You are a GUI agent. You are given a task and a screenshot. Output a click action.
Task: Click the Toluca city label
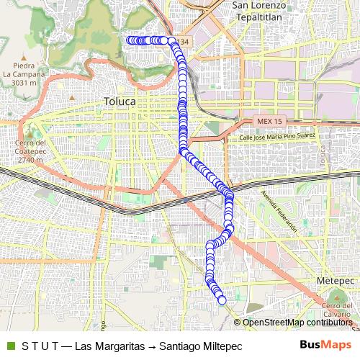(120, 102)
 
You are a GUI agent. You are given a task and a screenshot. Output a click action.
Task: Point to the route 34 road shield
(185, 42)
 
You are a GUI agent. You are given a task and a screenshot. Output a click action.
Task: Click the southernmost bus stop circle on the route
(222, 300)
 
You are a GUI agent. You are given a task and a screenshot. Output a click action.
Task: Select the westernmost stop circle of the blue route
(130, 40)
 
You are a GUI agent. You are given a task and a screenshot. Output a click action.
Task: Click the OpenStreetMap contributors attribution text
(297, 323)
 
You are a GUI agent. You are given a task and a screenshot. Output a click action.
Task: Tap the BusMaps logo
(326, 345)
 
